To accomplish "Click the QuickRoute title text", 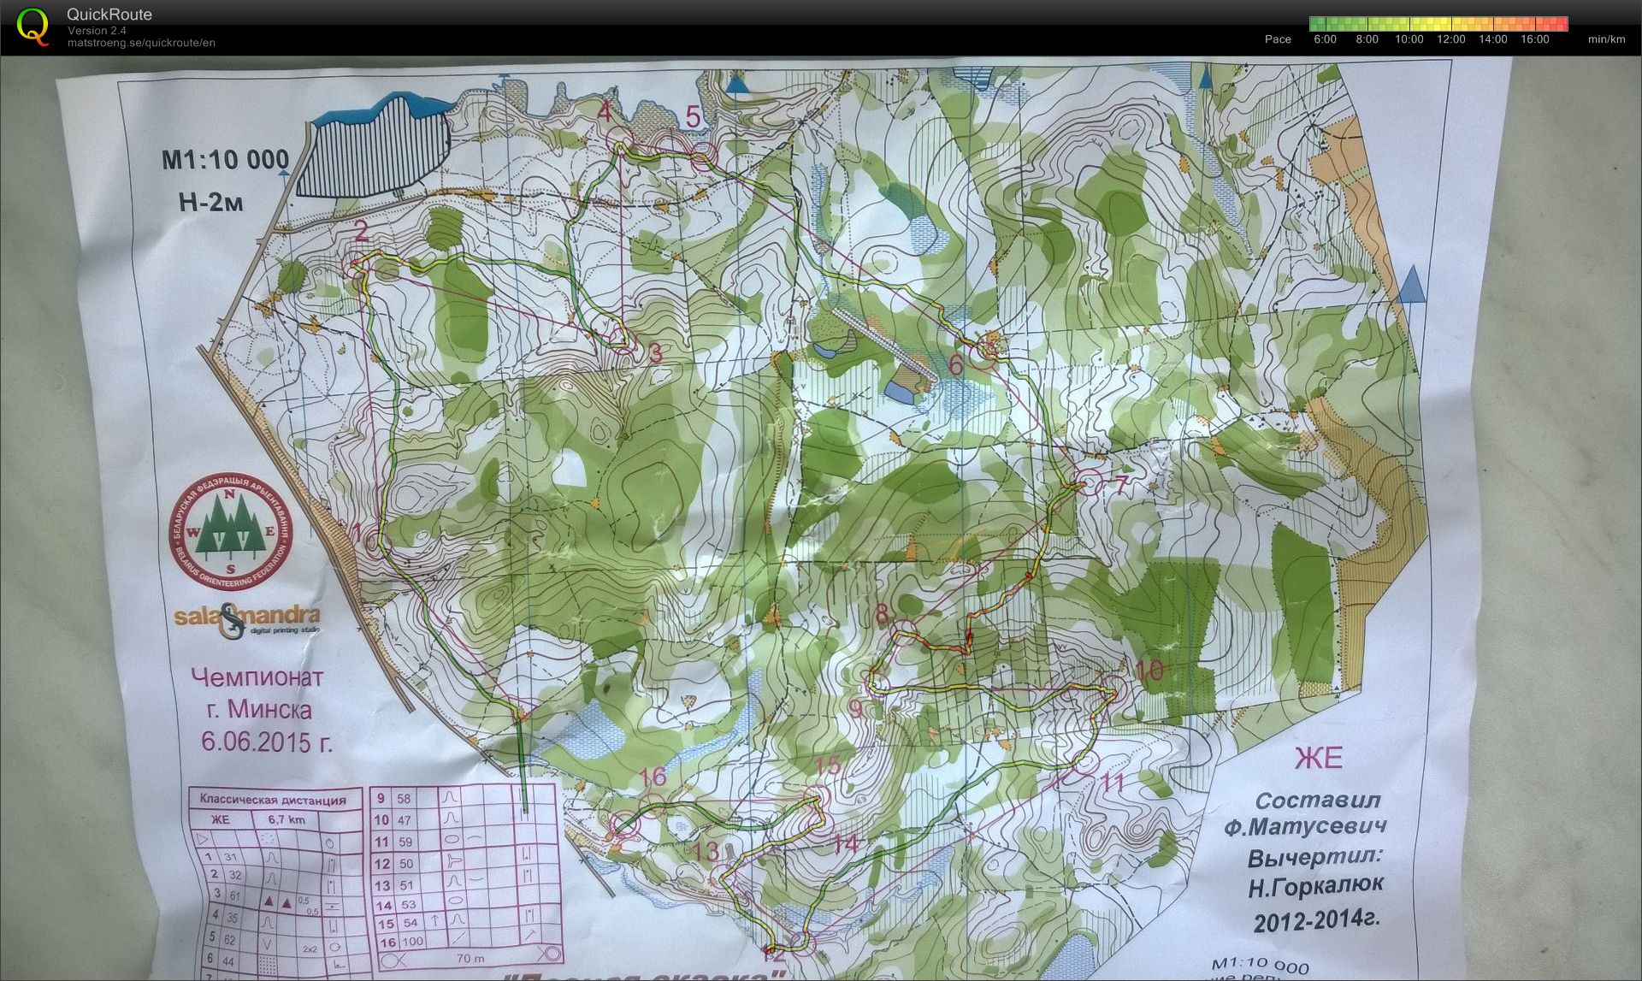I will point(109,15).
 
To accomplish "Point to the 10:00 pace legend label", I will point(1409,39).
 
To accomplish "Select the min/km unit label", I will point(1606,39).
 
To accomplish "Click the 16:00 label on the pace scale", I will point(1534,39).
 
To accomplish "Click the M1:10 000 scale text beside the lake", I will point(226,160).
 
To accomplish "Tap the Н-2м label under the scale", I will point(210,202).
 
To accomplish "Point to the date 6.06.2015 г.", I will point(266,741).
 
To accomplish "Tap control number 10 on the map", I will point(1150,670).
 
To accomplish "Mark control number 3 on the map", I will point(656,353).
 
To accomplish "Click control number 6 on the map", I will point(956,365).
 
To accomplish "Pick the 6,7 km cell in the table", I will point(286,819).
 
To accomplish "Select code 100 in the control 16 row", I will point(412,941).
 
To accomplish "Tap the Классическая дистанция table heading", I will point(273,800).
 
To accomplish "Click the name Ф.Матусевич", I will point(1304,827).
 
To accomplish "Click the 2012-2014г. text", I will point(1316,920).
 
